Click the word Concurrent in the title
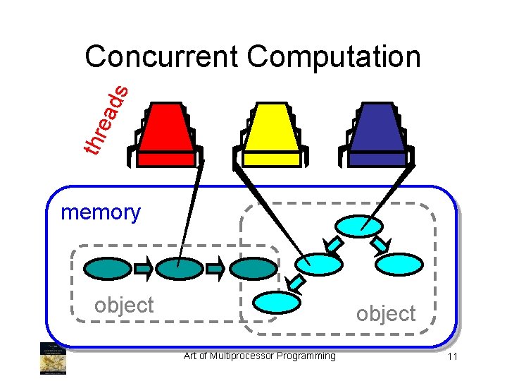pyautogui.click(x=161, y=57)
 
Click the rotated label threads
pyautogui.click(x=106, y=118)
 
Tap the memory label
pyautogui.click(x=101, y=212)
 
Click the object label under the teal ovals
pyautogui.click(x=124, y=305)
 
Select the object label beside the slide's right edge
pyautogui.click(x=386, y=313)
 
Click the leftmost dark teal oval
pyautogui.click(x=108, y=268)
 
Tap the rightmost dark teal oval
pyautogui.click(x=254, y=268)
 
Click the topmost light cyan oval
pyautogui.click(x=359, y=226)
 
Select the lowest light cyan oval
pyautogui.click(x=277, y=302)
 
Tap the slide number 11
pyautogui.click(x=452, y=357)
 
